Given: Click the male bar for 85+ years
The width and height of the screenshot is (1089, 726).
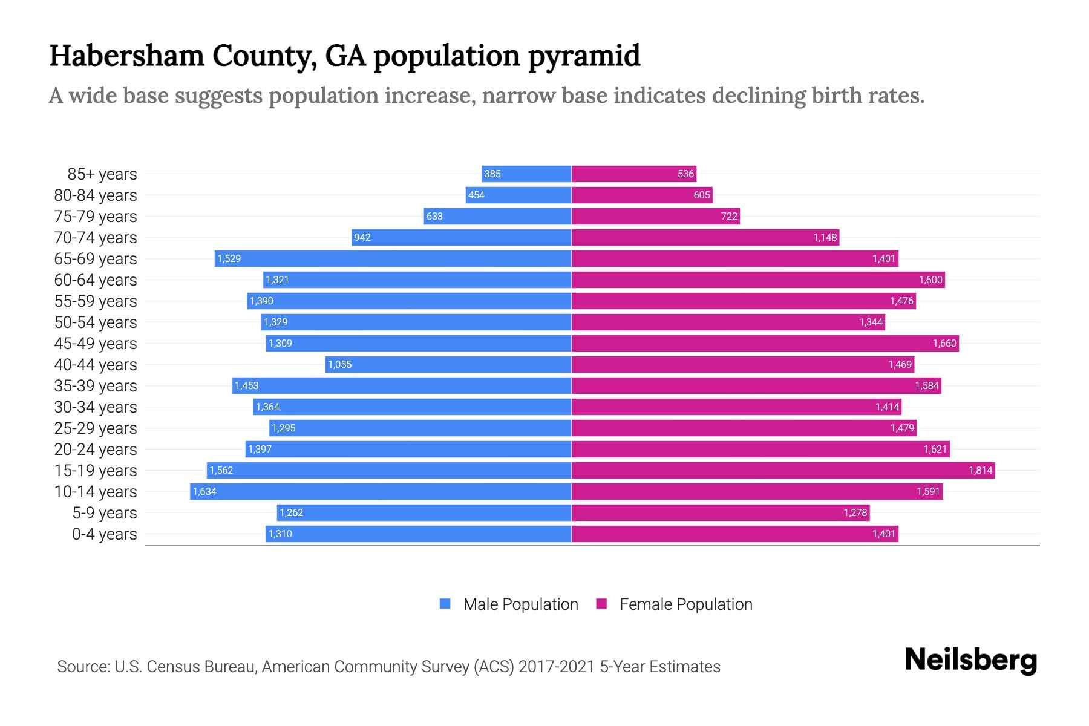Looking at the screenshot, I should click(x=526, y=174).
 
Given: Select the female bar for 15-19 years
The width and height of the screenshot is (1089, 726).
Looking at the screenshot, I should click(x=783, y=470).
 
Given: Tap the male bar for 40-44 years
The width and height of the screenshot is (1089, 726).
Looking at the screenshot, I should click(x=448, y=364).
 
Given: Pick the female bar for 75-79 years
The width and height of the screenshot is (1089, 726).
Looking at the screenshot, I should click(x=655, y=216).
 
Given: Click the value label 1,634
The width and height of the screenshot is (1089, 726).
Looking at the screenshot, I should click(x=204, y=491).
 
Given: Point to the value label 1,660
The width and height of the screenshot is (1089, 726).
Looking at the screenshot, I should click(x=944, y=343).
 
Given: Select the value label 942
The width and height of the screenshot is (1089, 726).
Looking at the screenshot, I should click(x=362, y=237).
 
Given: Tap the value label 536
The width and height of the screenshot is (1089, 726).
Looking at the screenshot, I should click(x=685, y=174).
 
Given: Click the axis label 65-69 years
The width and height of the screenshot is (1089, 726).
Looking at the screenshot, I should click(x=96, y=259).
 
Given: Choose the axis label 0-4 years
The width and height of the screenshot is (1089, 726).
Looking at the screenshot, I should click(x=104, y=534).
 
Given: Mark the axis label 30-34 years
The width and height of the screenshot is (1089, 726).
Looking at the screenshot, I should click(x=96, y=407).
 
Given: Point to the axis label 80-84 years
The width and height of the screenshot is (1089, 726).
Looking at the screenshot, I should click(x=96, y=195).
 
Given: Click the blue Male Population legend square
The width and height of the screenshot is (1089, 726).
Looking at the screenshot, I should click(x=445, y=604).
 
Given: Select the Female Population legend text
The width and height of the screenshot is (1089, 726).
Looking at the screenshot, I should click(x=685, y=604).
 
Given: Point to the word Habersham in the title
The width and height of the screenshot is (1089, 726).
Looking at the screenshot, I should click(x=126, y=56).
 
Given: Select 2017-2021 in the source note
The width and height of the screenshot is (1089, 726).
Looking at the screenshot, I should click(x=557, y=666).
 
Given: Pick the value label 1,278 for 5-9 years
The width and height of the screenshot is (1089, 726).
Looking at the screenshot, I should click(x=855, y=512).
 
